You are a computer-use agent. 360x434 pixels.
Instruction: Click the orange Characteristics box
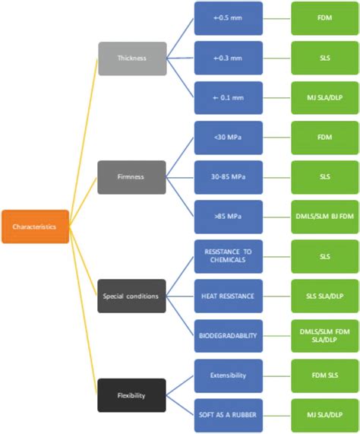(x=35, y=227)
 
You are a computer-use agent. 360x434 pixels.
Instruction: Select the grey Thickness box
(x=132, y=59)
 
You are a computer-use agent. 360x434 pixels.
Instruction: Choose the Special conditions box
(x=132, y=296)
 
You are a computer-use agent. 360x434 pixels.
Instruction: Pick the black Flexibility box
(x=132, y=395)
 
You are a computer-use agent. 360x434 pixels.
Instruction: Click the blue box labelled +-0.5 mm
(x=229, y=18)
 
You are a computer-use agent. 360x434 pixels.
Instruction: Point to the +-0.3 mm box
(x=229, y=59)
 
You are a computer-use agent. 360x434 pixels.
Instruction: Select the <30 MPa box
(x=229, y=138)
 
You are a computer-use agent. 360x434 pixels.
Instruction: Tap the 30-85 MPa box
(x=229, y=177)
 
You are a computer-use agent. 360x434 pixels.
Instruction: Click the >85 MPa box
(x=229, y=217)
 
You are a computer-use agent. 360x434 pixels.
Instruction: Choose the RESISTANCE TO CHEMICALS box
(x=229, y=257)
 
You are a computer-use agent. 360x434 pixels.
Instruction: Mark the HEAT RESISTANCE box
(x=229, y=296)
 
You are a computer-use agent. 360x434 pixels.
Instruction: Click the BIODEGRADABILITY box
(x=229, y=336)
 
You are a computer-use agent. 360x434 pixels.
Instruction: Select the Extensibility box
(x=229, y=375)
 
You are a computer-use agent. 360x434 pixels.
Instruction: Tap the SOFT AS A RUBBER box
(x=229, y=415)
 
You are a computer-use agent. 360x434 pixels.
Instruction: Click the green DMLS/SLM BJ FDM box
(x=325, y=217)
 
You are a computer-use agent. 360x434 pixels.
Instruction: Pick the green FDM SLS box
(x=325, y=375)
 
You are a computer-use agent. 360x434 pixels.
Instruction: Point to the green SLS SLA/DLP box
(x=325, y=296)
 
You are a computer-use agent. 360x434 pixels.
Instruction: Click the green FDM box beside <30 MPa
(x=325, y=138)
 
